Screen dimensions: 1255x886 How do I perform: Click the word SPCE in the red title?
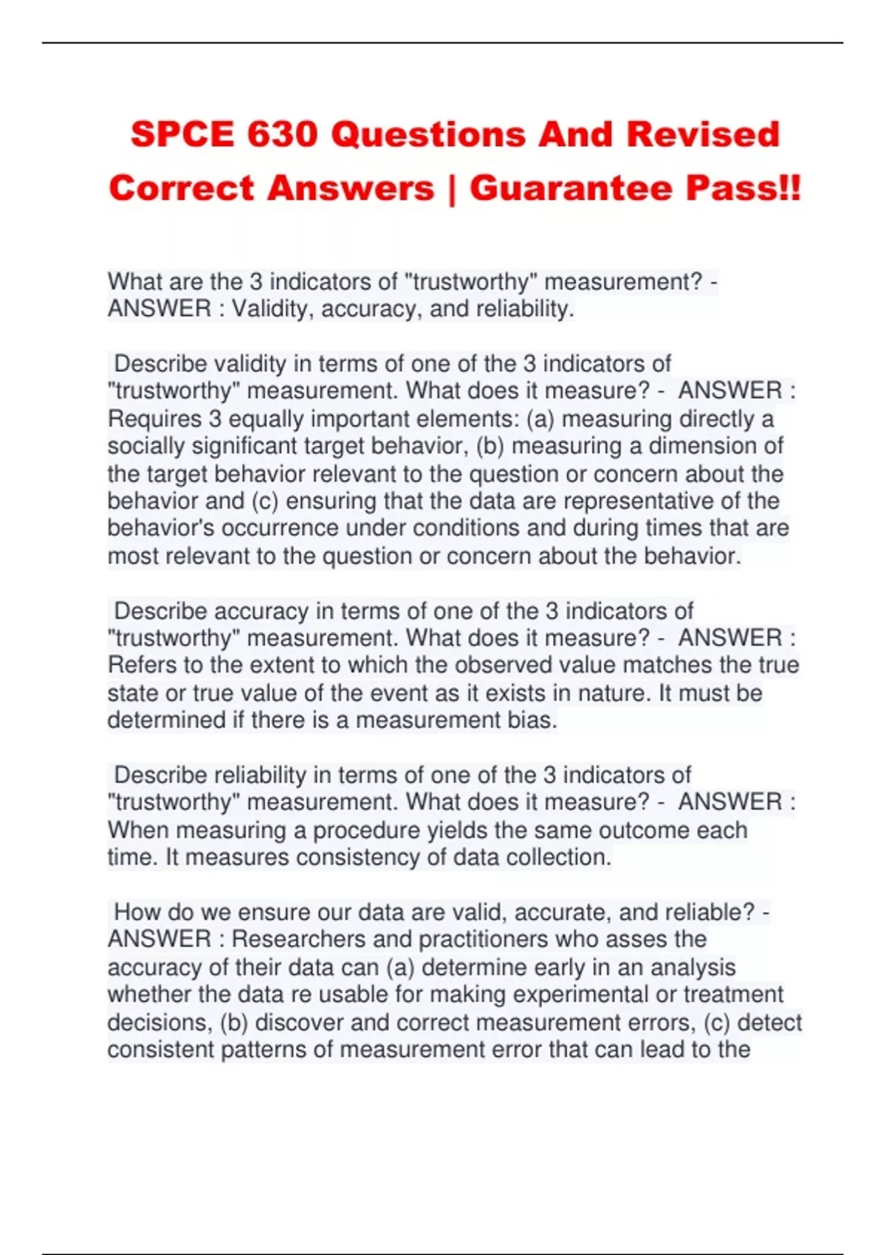(x=181, y=135)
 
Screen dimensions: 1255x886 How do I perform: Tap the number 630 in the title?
(x=283, y=135)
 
